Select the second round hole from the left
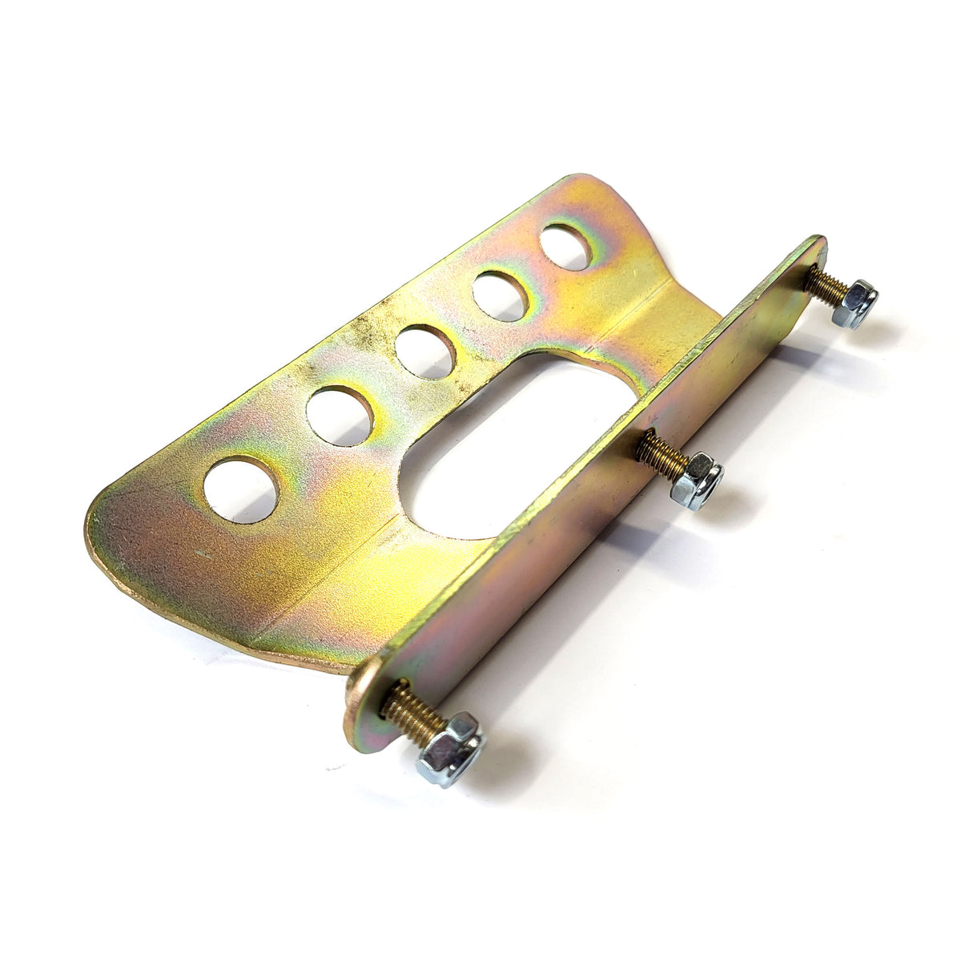point(340,416)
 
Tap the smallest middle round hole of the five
point(425,352)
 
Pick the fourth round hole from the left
point(500,296)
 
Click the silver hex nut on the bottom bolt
point(450,747)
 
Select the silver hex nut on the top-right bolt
point(854,304)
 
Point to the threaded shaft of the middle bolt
point(661,456)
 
